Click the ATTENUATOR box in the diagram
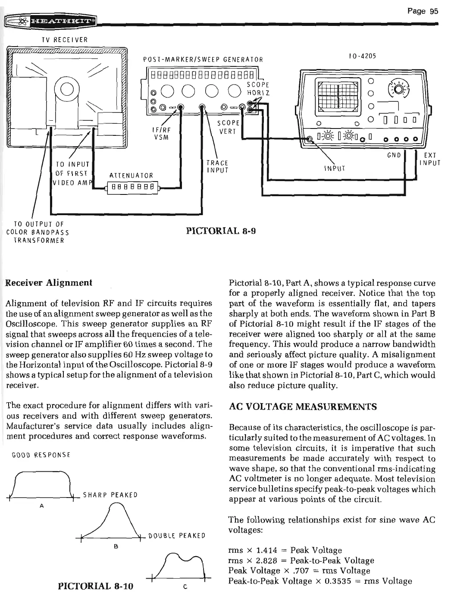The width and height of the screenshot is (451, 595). pyautogui.click(x=132, y=188)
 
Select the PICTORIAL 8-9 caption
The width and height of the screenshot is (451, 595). pyautogui.click(x=221, y=231)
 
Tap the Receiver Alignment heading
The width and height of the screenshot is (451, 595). pyautogui.click(x=49, y=283)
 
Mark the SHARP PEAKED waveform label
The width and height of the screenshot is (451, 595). pyautogui.click(x=110, y=495)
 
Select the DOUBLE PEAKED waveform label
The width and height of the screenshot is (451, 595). pyautogui.click(x=176, y=536)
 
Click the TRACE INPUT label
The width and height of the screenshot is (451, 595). pyautogui.click(x=217, y=166)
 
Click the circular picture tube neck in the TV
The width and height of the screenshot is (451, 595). pyautogui.click(x=67, y=89)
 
